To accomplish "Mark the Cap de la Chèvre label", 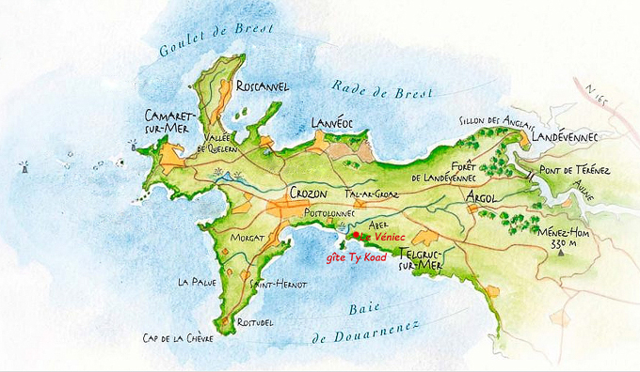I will point(178,339).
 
